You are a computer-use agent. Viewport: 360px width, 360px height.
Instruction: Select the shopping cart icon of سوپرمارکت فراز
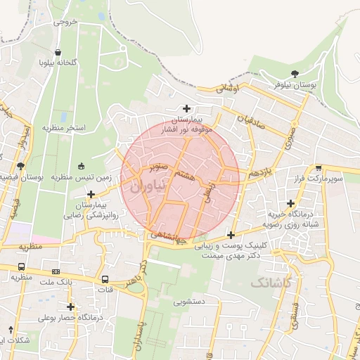[x=319, y=168]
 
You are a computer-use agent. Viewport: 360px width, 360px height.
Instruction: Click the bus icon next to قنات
[x=105, y=279]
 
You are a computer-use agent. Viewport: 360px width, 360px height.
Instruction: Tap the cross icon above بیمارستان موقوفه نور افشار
[x=186, y=108]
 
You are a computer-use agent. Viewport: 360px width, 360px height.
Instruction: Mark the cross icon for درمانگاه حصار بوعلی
[x=70, y=307]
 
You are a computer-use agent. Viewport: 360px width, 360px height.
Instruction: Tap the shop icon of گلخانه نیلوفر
[x=57, y=51]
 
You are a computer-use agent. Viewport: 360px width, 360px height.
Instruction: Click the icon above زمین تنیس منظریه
[x=81, y=167]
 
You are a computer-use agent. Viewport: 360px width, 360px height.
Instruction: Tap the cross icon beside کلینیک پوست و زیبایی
[x=231, y=235]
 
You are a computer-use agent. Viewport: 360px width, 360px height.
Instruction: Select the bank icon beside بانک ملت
[x=54, y=271]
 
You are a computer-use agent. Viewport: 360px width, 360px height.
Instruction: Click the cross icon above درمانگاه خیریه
[x=290, y=202]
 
